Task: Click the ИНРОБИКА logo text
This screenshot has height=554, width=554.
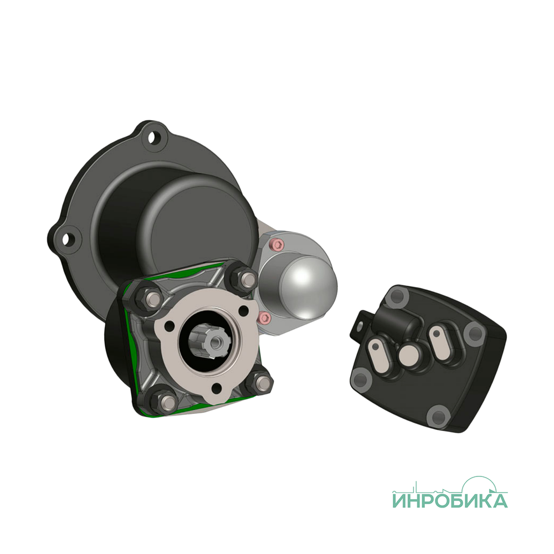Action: (x=450, y=500)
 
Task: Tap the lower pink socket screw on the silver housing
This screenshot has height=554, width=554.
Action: (x=265, y=318)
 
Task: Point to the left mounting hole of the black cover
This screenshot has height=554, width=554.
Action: (x=67, y=239)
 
